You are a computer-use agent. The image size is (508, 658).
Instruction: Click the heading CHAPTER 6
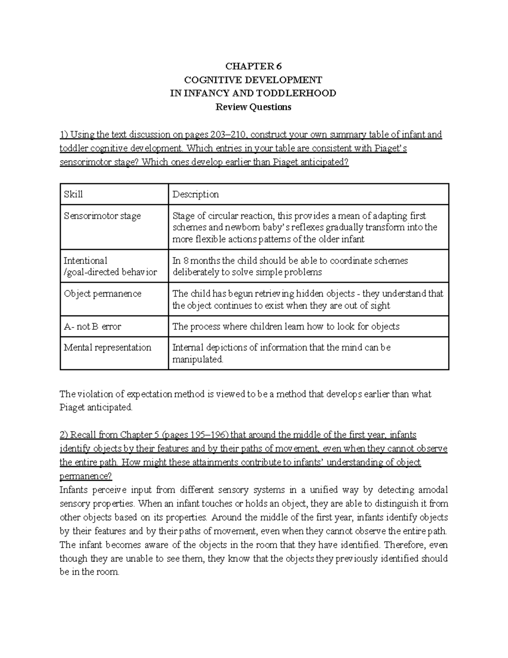pyautogui.click(x=253, y=66)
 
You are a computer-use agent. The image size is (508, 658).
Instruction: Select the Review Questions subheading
pyautogui.click(x=253, y=107)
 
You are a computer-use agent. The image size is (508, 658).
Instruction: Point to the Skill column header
pyautogui.click(x=73, y=194)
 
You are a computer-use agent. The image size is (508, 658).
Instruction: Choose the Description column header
pyautogui.click(x=196, y=194)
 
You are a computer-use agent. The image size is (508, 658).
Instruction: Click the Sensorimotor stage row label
pyautogui.click(x=102, y=216)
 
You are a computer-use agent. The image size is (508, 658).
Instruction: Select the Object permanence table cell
pyautogui.click(x=102, y=294)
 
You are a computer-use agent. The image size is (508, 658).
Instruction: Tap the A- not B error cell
pyautogui.click(x=92, y=327)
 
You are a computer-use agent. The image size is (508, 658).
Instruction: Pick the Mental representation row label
pyautogui.click(x=108, y=347)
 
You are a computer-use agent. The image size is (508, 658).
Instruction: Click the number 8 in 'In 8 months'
pyautogui.click(x=185, y=261)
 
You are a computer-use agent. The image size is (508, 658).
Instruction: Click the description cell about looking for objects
pyautogui.click(x=286, y=327)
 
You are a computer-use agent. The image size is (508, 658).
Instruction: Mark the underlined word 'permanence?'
pyautogui.click(x=86, y=476)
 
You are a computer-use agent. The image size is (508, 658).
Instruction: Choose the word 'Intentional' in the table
pyautogui.click(x=86, y=261)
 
